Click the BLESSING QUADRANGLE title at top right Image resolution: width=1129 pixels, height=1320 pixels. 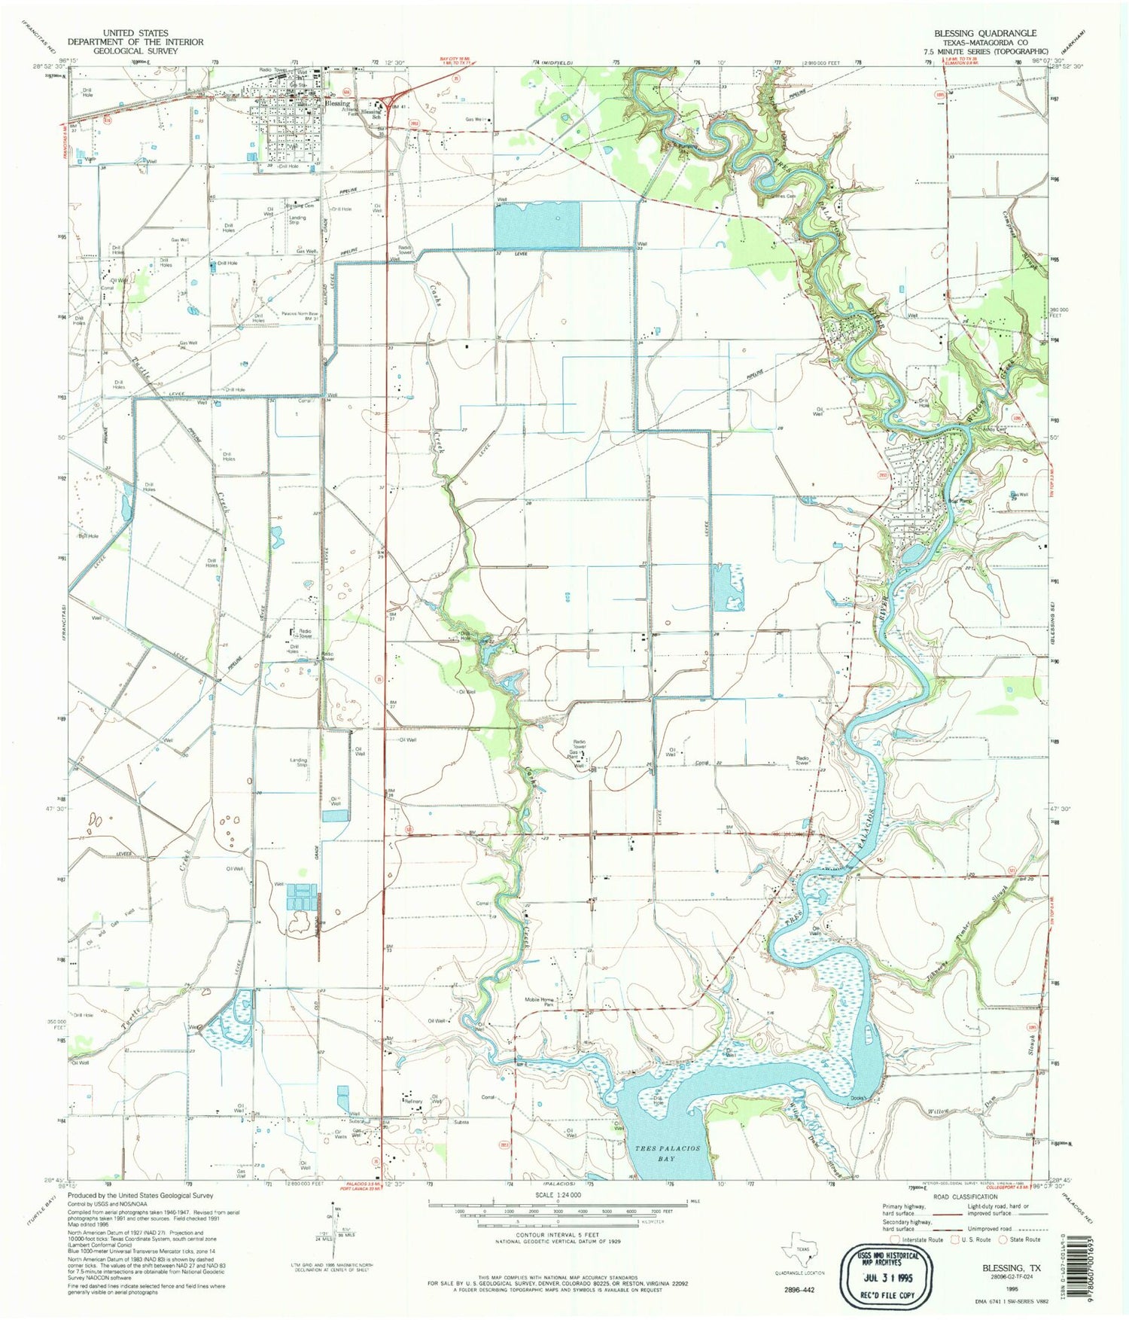point(984,33)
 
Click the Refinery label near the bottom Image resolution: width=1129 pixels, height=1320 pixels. point(413,1102)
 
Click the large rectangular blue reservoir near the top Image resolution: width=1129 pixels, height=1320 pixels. point(537,224)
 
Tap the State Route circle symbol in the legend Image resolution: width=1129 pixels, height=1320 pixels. point(1003,1239)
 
